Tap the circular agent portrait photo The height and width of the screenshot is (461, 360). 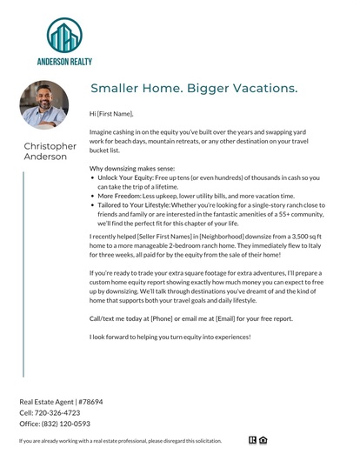pyautogui.click(x=43, y=104)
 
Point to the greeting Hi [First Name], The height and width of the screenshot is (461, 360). pyautogui.click(x=112, y=114)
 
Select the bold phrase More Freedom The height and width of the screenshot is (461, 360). pyautogui.click(x=119, y=197)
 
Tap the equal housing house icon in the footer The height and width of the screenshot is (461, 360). pyautogui.click(x=263, y=442)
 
